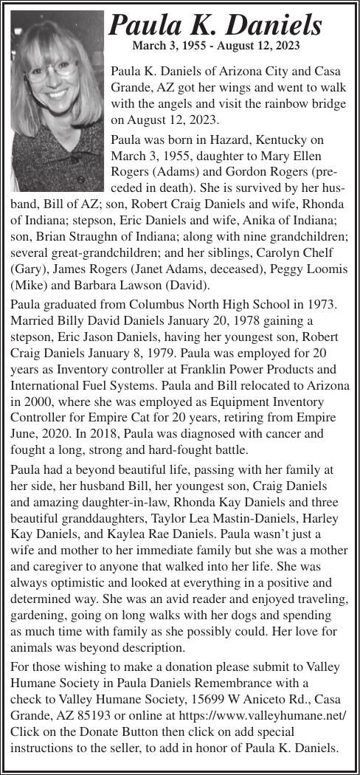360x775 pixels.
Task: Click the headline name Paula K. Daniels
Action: tap(215, 26)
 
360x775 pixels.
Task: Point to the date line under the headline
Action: tap(215, 46)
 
